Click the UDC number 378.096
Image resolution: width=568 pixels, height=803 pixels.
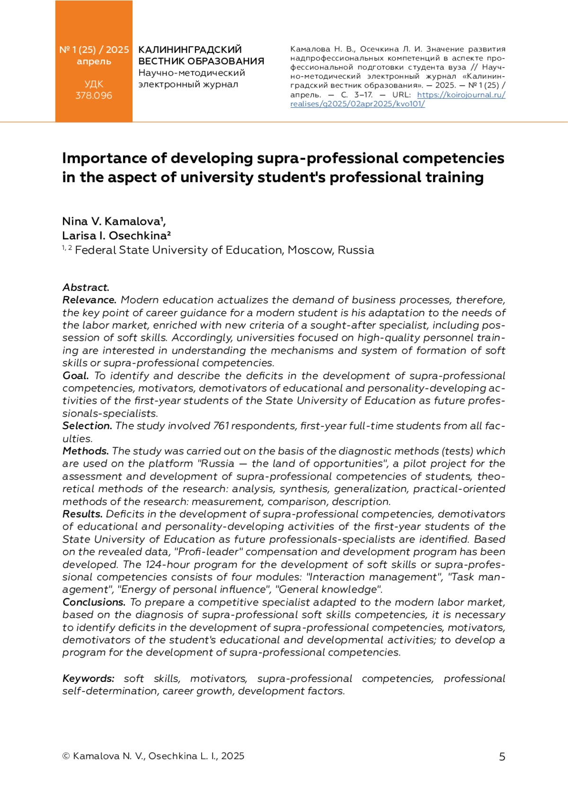coord(94,96)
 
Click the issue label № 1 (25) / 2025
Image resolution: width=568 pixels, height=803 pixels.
coord(94,50)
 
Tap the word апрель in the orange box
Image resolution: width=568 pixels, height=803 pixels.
coord(94,62)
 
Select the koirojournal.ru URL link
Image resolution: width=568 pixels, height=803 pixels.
coord(398,99)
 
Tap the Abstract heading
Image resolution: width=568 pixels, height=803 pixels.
coord(86,287)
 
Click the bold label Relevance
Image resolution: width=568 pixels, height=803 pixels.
coord(89,300)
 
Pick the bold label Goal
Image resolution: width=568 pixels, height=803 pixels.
coord(75,376)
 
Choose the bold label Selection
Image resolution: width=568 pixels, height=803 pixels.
coord(87,426)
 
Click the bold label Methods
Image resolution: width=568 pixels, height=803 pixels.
coord(86,451)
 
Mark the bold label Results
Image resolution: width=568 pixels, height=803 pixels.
coord(82,514)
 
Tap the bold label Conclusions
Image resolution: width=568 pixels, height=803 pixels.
coord(94,602)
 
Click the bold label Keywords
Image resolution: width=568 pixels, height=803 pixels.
coord(88,679)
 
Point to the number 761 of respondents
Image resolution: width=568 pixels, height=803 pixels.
coord(221,426)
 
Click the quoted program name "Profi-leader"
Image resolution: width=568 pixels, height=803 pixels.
coord(208,552)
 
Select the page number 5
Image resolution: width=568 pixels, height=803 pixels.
coord(502,757)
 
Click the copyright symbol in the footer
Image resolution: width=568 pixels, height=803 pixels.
coord(66,756)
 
